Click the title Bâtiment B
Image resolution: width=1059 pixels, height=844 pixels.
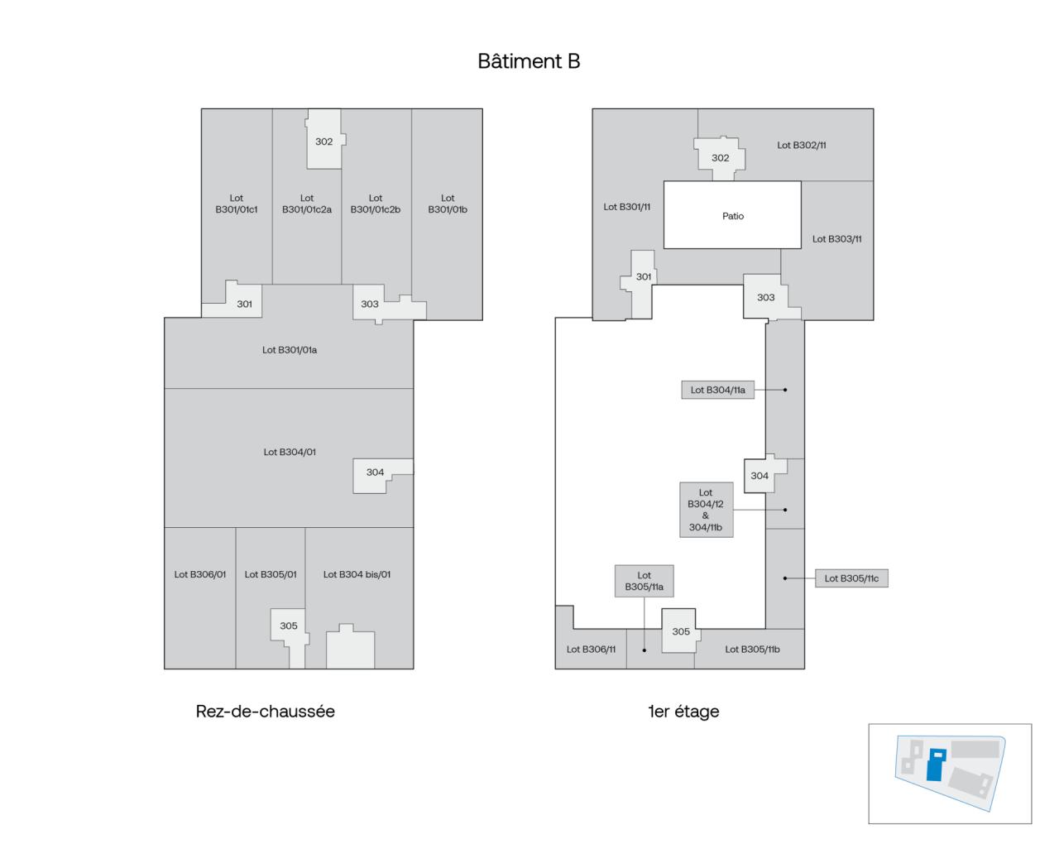click(x=529, y=61)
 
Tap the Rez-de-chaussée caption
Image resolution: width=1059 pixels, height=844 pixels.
click(x=265, y=712)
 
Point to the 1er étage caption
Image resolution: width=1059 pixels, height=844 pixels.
click(x=683, y=712)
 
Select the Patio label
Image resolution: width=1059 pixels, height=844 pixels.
click(x=732, y=216)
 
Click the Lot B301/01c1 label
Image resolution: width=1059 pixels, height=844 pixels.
click(x=237, y=204)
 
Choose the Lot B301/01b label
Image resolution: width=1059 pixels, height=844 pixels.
click(x=448, y=204)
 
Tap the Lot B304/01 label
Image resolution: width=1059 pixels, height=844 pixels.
click(x=290, y=452)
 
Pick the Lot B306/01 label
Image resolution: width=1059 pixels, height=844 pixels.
click(x=199, y=574)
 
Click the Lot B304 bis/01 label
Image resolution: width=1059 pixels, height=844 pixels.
click(x=357, y=574)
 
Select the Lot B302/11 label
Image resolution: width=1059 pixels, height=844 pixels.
click(x=801, y=145)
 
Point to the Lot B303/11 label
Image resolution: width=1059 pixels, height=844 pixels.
click(x=836, y=239)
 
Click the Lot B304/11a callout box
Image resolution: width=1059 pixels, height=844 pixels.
click(x=717, y=390)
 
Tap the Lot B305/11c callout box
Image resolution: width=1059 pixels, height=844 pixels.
click(x=851, y=578)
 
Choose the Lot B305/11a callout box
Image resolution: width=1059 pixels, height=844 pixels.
click(x=644, y=581)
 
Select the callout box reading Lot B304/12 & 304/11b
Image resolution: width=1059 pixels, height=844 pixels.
click(x=706, y=510)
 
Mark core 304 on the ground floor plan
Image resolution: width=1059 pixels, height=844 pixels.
click(x=376, y=473)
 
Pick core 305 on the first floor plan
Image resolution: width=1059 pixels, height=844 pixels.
click(x=680, y=631)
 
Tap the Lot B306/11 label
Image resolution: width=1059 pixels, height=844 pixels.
click(x=591, y=650)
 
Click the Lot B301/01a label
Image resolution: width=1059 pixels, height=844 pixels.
click(x=290, y=350)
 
